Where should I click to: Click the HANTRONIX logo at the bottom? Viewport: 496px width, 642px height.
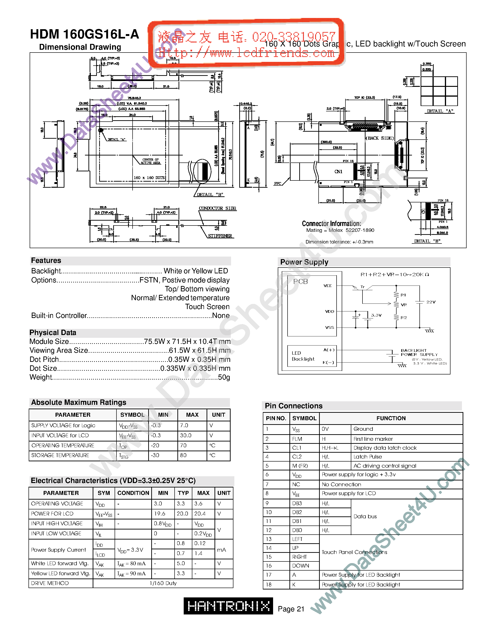tap(228, 606)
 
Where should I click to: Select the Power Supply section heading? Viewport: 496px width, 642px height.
tap(304, 262)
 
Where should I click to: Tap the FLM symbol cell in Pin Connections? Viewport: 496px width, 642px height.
tap(297, 439)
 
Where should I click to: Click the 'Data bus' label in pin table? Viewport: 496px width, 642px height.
tap(365, 516)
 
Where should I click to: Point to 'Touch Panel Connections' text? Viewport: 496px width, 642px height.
tap(354, 552)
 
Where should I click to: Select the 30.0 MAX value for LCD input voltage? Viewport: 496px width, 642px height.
tap(186, 435)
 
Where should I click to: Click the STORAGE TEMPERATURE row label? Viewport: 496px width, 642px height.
tap(60, 455)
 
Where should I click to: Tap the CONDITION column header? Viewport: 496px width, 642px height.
tap(133, 493)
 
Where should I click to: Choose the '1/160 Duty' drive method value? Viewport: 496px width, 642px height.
tap(163, 583)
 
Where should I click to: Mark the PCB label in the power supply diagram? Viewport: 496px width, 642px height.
tap(300, 282)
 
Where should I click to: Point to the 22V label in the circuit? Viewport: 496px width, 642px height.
tap(431, 302)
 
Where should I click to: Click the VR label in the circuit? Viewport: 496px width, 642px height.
tap(404, 305)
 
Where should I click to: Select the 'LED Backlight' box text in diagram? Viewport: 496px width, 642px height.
tap(303, 356)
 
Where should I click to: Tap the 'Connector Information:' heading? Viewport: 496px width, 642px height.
tap(331, 223)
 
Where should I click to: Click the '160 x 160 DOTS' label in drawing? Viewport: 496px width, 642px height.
tap(149, 178)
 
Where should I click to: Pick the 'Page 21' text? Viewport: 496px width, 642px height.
tap(291, 609)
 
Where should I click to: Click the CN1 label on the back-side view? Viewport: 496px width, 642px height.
tap(338, 171)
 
